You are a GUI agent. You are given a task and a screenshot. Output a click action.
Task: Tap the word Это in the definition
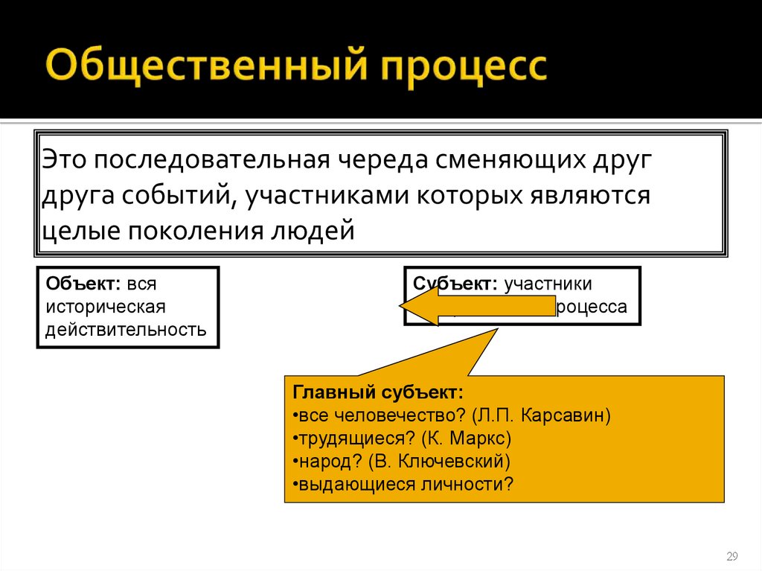pos(65,160)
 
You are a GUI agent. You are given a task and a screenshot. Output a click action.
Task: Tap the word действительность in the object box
pos(126,328)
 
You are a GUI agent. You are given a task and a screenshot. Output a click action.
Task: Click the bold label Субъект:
pos(455,284)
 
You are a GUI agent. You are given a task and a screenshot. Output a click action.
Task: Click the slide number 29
pos(731,556)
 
